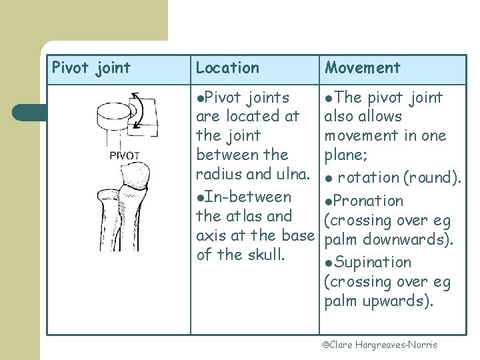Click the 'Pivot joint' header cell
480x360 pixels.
click(x=91, y=68)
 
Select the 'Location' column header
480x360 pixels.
click(x=227, y=68)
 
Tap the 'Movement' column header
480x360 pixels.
click(x=363, y=68)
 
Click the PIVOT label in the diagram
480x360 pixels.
click(x=125, y=156)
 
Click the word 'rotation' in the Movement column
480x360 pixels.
click(x=368, y=178)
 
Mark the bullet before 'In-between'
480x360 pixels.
click(x=200, y=197)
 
